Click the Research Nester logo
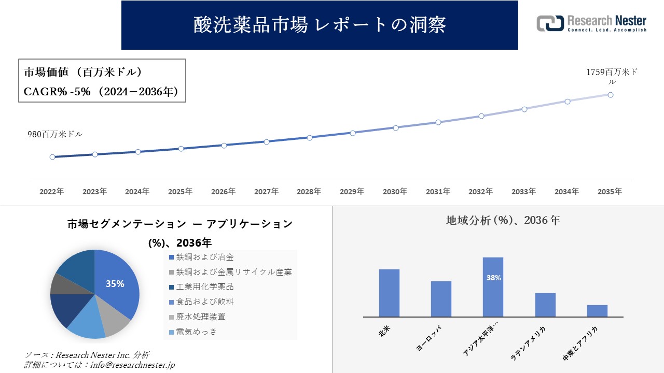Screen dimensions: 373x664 point(591,23)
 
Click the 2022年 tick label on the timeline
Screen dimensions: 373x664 point(52,192)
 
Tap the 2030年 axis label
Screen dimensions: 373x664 point(395,192)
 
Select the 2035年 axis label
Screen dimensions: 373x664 point(610,192)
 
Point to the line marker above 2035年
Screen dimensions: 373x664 point(611,95)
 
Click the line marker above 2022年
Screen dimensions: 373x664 point(52,157)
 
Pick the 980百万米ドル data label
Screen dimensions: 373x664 point(55,134)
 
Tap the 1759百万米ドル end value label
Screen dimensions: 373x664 point(612,77)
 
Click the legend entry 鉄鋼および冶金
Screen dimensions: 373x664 point(204,257)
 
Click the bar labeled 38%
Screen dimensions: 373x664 point(493,286)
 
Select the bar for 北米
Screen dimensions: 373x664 point(389,293)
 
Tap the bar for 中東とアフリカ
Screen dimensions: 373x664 point(597,310)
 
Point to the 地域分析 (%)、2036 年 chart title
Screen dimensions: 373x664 point(503,220)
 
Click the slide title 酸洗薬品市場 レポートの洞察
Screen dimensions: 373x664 point(320,25)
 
